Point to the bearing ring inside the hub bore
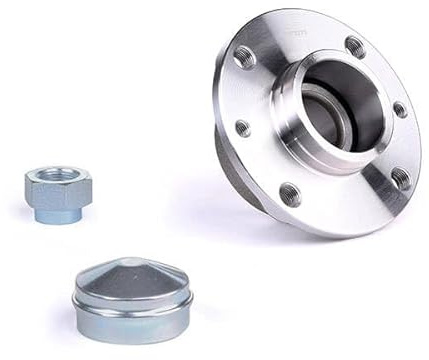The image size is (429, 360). click(318, 113)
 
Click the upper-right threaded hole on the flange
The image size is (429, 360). click(355, 45)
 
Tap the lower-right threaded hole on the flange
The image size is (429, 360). click(399, 178)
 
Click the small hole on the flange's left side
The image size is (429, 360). click(242, 128)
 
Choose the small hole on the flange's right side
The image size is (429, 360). click(399, 110)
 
